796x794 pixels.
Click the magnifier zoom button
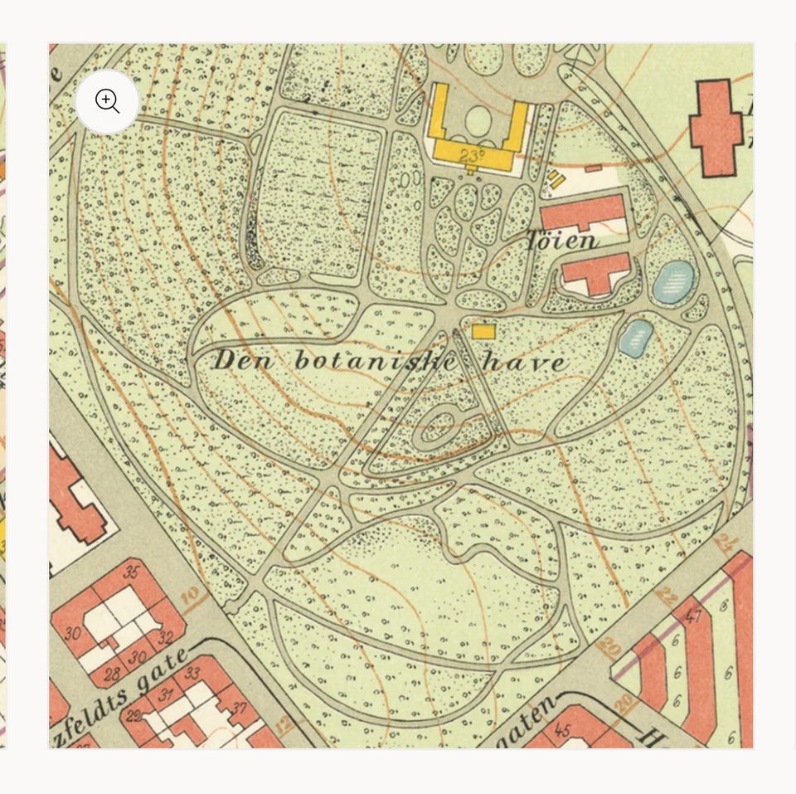point(108,101)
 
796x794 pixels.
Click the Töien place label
point(562,241)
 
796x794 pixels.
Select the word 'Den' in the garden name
point(238,361)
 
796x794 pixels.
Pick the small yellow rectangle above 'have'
point(483,331)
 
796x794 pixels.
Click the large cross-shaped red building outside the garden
point(716,127)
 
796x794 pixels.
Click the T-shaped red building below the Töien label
point(596,273)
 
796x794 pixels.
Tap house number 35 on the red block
point(131,572)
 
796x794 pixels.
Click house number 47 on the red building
point(693,616)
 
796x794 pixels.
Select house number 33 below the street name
point(192,673)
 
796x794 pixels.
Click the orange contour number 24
point(728,544)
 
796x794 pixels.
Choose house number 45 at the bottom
point(563,731)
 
